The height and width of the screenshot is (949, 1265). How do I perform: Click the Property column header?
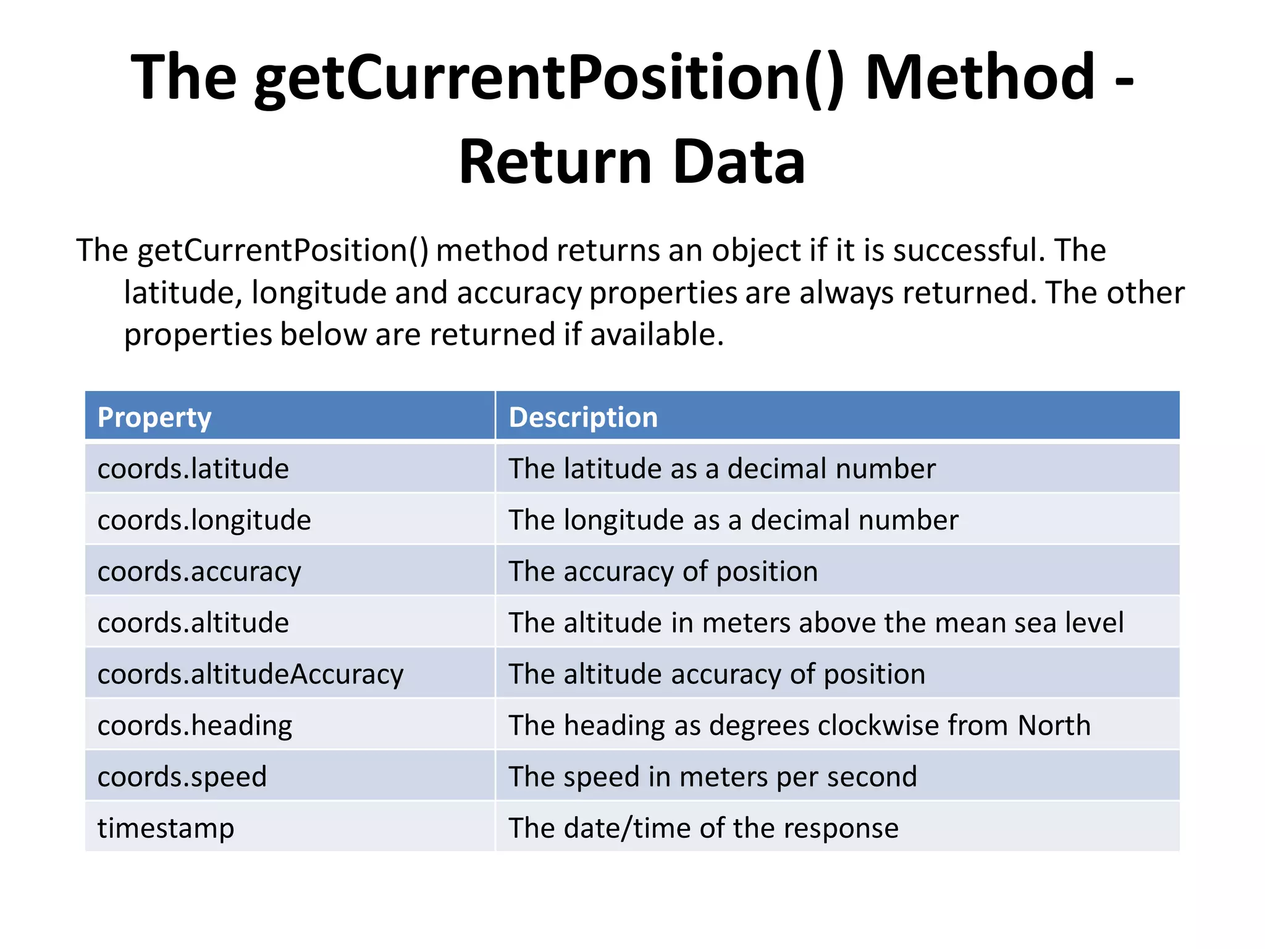[154, 417]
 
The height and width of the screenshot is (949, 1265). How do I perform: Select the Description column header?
[583, 417]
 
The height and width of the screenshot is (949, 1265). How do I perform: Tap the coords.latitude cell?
[193, 468]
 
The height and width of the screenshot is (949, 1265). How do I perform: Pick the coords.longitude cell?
[204, 520]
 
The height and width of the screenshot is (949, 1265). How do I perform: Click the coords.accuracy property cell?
[199, 572]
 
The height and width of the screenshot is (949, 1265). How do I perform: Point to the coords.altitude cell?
[193, 623]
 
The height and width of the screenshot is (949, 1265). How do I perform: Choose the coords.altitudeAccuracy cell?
[250, 674]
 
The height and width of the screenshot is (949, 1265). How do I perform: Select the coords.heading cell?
[195, 725]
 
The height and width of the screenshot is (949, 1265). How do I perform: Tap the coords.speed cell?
[182, 777]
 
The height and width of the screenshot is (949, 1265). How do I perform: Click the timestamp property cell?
[166, 828]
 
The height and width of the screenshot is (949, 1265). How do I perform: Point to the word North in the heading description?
[1054, 725]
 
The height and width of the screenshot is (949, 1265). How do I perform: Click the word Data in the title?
[739, 162]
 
